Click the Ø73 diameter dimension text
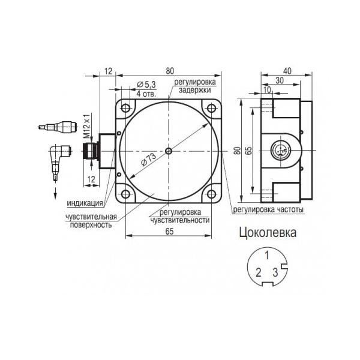click(x=149, y=159)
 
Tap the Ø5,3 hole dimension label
click(x=146, y=85)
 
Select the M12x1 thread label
click(x=87, y=126)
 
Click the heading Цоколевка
click(x=268, y=233)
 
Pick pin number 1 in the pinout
click(x=267, y=256)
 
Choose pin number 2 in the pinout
click(x=259, y=273)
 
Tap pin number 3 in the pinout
click(x=275, y=273)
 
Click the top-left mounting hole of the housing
click(x=125, y=108)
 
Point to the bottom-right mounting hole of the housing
click(x=211, y=194)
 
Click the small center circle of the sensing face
click(x=169, y=151)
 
